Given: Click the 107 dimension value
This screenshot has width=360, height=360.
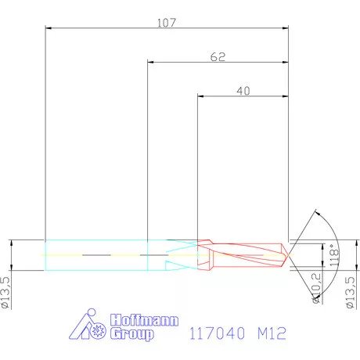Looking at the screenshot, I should [166, 23].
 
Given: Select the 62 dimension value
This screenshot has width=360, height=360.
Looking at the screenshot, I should [218, 57].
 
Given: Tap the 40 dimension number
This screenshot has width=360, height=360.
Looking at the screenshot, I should [243, 91].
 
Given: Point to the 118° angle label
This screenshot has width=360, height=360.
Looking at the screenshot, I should [333, 256].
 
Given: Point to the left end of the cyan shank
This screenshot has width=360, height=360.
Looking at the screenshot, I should [45, 254].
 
